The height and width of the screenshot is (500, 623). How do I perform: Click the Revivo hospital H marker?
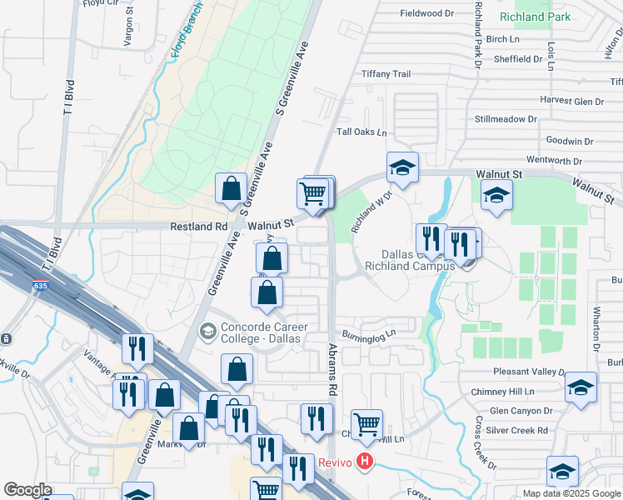[363, 461]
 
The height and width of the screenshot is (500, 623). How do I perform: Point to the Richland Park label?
[534, 17]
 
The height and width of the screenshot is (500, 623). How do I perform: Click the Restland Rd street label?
[199, 225]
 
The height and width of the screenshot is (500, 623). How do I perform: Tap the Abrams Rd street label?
[332, 368]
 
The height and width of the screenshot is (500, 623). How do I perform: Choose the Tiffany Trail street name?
[386, 74]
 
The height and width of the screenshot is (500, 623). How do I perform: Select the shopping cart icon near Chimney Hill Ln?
[366, 423]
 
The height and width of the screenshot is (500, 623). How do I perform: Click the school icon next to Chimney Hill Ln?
[581, 387]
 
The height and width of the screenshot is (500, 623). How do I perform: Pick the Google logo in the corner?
[27, 490]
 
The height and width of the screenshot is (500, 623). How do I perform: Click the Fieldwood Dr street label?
[426, 13]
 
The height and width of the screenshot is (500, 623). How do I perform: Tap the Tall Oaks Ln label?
[361, 132]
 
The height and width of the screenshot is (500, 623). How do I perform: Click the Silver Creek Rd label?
[519, 430]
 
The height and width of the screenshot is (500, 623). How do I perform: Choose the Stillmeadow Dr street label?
[506, 119]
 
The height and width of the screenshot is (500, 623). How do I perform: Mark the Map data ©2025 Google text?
[571, 492]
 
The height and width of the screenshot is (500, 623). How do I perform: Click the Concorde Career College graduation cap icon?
[207, 332]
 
